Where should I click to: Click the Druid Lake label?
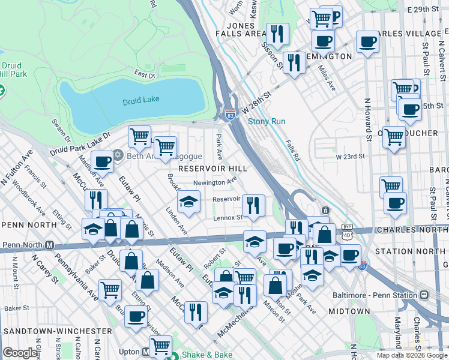point(141,99)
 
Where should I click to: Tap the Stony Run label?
point(267,121)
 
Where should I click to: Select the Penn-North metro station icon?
point(50,245)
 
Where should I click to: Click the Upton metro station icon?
point(146,353)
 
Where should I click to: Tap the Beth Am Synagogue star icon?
point(118,155)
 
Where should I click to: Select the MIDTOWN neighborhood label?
point(349,311)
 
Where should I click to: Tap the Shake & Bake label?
point(206,355)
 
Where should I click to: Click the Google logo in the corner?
point(20,353)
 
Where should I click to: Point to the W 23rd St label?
point(350,156)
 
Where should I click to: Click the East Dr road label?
point(145,74)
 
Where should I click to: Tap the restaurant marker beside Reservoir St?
point(255,205)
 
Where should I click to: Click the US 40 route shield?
point(348,235)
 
